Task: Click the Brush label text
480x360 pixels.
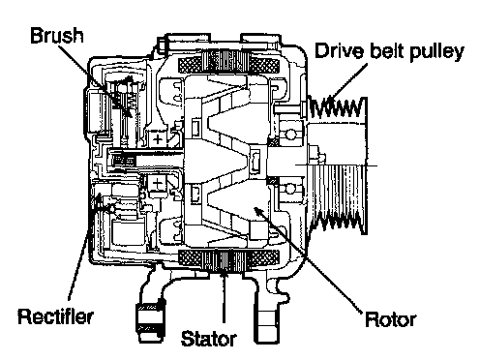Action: click(x=57, y=35)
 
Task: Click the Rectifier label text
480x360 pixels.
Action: click(x=55, y=316)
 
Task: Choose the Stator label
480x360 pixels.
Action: click(x=209, y=339)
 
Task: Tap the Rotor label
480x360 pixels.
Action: click(x=391, y=319)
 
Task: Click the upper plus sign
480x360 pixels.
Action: click(x=158, y=139)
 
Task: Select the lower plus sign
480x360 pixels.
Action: click(x=158, y=184)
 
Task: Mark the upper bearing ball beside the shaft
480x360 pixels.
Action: click(x=290, y=135)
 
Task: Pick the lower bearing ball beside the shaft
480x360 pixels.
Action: click(x=290, y=189)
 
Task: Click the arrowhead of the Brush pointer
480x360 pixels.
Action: click(x=128, y=112)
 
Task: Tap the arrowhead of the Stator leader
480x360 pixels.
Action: click(x=224, y=274)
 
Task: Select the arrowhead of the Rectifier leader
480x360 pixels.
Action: click(x=97, y=198)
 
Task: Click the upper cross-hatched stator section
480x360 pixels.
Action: click(x=228, y=66)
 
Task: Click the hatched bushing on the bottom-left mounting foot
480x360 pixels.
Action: click(x=151, y=317)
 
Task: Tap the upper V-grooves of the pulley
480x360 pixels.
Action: click(x=337, y=107)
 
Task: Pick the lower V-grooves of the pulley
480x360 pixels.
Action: click(x=339, y=223)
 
